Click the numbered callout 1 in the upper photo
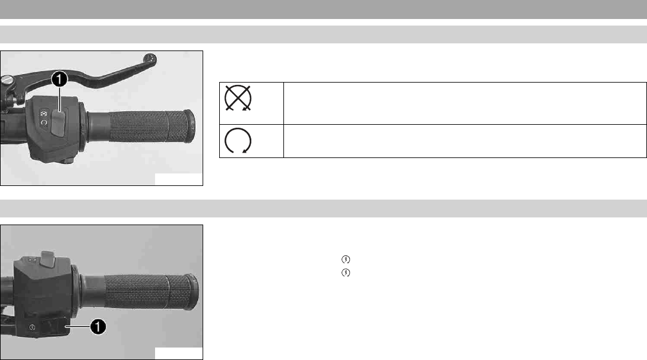(59, 79)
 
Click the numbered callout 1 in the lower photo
(98, 327)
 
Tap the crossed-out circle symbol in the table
(238, 98)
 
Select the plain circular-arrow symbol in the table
(238, 141)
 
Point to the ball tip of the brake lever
(150, 58)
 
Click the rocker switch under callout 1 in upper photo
(58, 123)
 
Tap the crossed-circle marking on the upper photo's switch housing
(45, 113)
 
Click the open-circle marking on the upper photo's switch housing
(44, 122)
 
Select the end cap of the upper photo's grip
(190, 127)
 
